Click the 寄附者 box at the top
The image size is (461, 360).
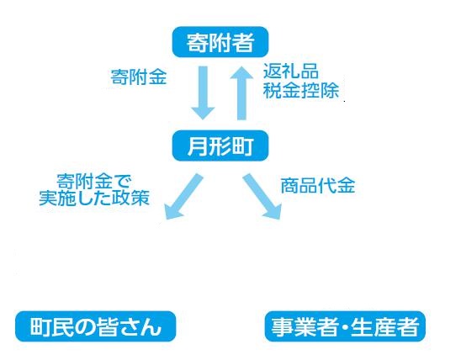click(x=220, y=42)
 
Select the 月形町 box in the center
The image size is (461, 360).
click(x=220, y=146)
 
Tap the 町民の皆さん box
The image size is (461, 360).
click(x=96, y=326)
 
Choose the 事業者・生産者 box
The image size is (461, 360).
click(x=345, y=326)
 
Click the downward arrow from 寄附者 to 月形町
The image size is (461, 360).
click(x=203, y=93)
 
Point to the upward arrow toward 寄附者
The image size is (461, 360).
click(x=241, y=93)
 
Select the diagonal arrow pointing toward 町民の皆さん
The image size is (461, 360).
click(x=183, y=196)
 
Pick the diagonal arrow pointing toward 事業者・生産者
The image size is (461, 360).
click(x=262, y=196)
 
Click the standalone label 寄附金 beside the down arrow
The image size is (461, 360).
click(x=139, y=77)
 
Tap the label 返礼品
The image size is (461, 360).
click(x=291, y=71)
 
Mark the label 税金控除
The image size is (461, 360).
click(x=301, y=90)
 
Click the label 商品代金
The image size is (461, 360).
click(x=318, y=185)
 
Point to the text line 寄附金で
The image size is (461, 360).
click(x=93, y=182)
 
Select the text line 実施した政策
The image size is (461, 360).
click(x=94, y=198)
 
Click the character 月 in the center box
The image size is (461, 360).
click(x=197, y=146)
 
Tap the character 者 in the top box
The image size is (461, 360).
click(x=243, y=42)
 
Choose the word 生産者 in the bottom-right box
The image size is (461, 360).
click(x=384, y=326)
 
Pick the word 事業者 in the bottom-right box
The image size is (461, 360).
click(x=305, y=326)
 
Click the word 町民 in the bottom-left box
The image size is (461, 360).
click(x=50, y=326)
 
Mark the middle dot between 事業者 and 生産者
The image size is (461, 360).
click(x=345, y=327)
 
